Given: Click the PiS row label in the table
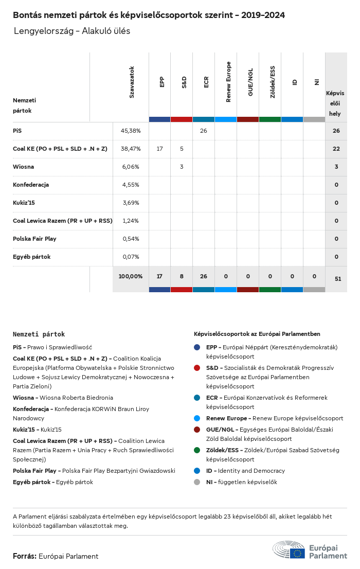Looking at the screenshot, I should click(x=17, y=131).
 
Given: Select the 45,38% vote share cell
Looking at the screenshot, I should click(x=131, y=131).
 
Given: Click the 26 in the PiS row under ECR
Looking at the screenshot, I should click(x=204, y=131).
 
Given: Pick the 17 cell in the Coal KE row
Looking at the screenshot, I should click(x=159, y=149).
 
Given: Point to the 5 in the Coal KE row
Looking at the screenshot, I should click(x=182, y=149).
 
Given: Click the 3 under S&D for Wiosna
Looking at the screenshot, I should click(x=182, y=167).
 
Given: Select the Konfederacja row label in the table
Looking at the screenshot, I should click(x=31, y=185).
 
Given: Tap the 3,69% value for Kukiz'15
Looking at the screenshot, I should click(x=131, y=203).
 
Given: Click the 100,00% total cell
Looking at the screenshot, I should click(x=131, y=276).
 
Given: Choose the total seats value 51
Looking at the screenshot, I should click(x=338, y=279).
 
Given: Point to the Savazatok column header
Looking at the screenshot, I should click(x=132, y=82).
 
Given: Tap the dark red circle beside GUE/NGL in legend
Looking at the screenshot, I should click(x=197, y=430).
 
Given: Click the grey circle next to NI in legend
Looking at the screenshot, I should click(x=197, y=482).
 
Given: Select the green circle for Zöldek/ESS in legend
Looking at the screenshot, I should click(x=197, y=450).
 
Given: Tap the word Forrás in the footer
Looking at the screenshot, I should click(x=24, y=556).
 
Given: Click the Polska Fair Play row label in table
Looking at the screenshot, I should click(x=34, y=239).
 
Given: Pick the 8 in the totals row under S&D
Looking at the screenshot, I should click(x=182, y=276).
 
